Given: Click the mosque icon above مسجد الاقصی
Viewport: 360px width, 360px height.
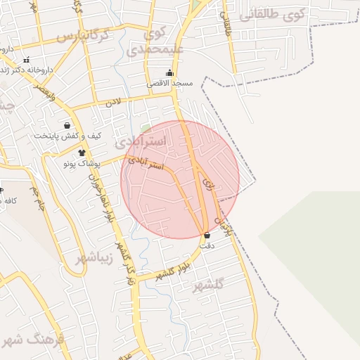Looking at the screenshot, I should pos(169,72).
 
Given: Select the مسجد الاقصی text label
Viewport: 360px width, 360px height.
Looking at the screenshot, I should pos(170,83).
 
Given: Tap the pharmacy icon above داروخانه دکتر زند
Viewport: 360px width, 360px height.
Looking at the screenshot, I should pos(26,60).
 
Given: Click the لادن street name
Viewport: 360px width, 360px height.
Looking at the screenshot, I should pos(114,103).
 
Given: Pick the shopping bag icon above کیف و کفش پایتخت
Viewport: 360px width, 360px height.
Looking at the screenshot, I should pos(67,125).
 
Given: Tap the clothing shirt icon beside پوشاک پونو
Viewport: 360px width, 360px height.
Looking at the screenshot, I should pos(82,153).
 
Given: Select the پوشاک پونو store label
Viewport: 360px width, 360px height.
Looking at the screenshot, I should pos(82,163).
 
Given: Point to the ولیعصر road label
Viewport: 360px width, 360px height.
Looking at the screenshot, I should pos(44,95).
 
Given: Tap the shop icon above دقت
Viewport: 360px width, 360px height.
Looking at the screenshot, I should pos(206,236).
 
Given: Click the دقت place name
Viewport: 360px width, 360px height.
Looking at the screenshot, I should pos(207,246).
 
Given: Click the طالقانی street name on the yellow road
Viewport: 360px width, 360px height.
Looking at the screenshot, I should pos(226,25).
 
